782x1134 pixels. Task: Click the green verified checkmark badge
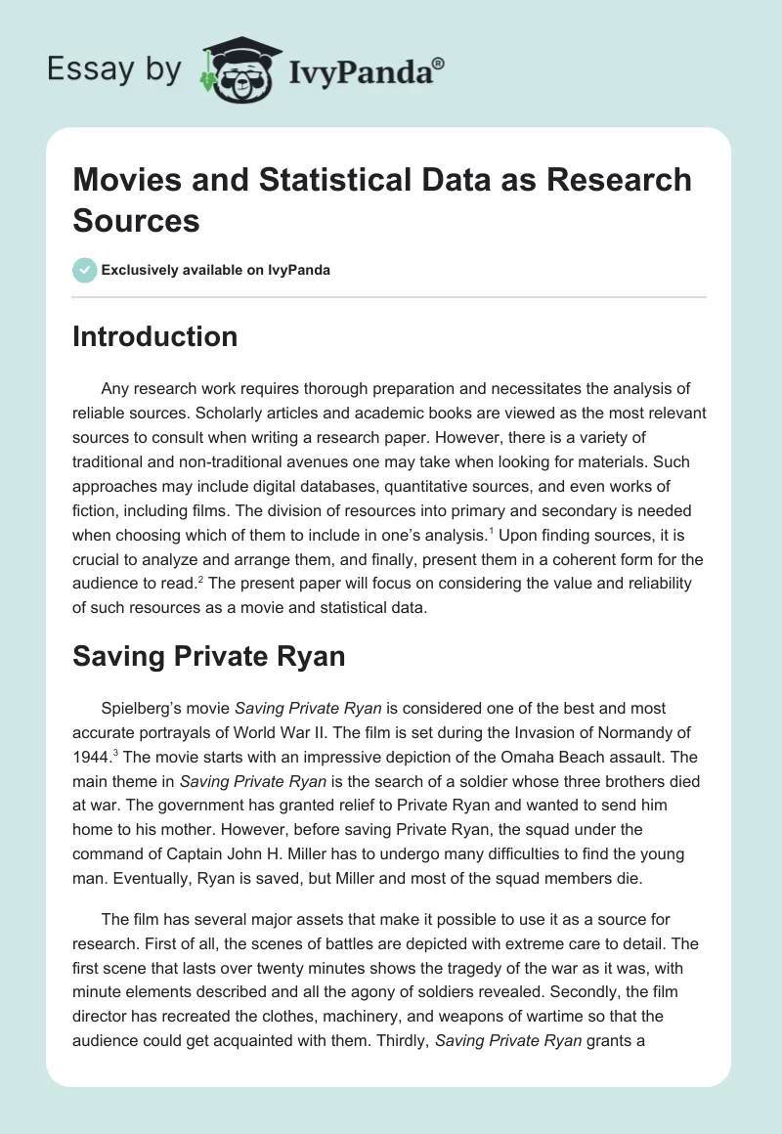point(85,270)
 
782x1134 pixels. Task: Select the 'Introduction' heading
point(155,337)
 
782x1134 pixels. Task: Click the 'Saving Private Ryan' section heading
point(209,655)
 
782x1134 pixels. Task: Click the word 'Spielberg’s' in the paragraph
point(147,708)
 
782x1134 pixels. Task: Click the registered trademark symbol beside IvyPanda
point(439,64)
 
